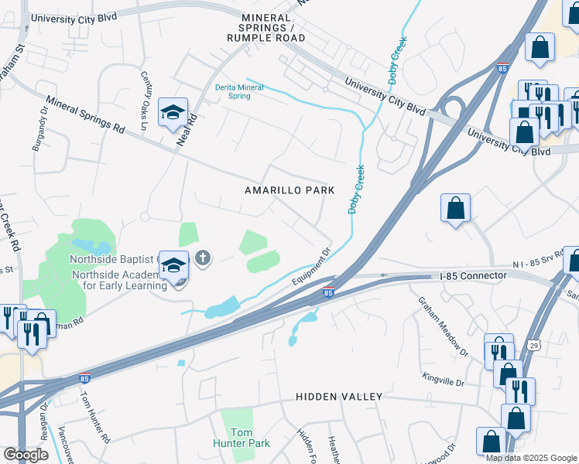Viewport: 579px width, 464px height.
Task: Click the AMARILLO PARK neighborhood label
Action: [289, 190]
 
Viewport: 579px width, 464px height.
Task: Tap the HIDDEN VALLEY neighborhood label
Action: [339, 397]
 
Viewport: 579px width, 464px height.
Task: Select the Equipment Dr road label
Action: [313, 265]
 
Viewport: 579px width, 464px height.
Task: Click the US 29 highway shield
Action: [533, 343]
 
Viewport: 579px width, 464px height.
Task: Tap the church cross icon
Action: [203, 258]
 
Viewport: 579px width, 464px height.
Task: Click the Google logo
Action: [26, 455]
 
